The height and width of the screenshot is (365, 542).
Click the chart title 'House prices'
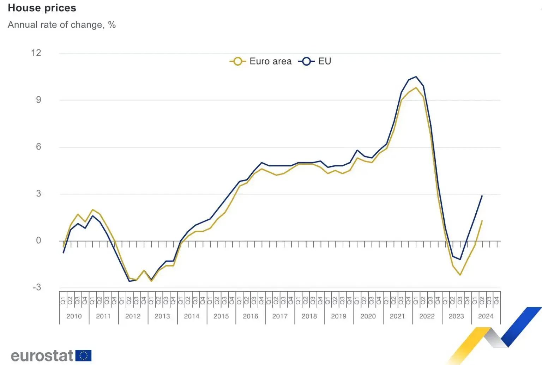(42, 8)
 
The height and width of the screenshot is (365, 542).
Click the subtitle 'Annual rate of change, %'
(62, 25)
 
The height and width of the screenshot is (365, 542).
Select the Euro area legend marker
(238, 61)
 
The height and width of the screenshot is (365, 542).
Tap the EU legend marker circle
(306, 61)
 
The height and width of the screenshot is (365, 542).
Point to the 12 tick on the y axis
(36, 53)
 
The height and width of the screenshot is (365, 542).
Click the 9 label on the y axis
(38, 100)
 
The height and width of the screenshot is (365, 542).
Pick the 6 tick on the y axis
(38, 147)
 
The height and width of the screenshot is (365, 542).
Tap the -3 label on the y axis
(37, 287)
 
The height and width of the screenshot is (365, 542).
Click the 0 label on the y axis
(38, 241)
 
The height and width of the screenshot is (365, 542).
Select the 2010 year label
(74, 316)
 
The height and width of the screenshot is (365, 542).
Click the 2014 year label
(192, 316)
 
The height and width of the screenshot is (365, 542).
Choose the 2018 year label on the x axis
(309, 316)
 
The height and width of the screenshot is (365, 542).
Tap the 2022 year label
(427, 316)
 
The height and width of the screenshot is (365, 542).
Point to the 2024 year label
(486, 316)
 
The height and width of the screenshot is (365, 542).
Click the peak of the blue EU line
(416, 77)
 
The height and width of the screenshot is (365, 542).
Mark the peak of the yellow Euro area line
(416, 88)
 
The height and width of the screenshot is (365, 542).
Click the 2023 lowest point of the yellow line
(460, 275)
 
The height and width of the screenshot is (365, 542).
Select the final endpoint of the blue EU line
(482, 196)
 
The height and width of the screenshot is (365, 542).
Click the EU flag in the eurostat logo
(84, 355)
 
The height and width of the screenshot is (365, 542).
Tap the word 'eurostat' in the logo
(42, 355)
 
